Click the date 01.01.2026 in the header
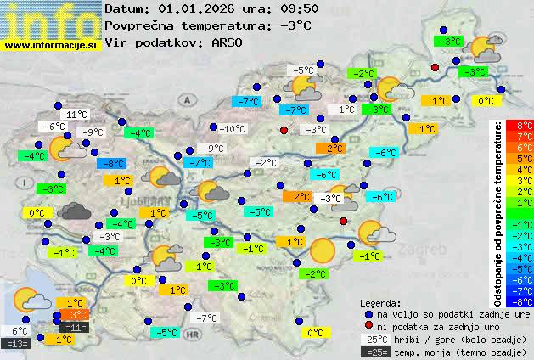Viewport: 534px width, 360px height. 200,9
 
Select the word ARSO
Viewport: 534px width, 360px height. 229,42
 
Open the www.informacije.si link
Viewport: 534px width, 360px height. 51,44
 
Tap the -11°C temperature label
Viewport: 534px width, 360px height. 75,115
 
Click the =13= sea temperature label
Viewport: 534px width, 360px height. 17,343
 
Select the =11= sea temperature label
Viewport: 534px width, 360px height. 75,327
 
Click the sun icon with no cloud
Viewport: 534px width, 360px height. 323,250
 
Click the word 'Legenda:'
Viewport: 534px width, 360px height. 380,302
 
